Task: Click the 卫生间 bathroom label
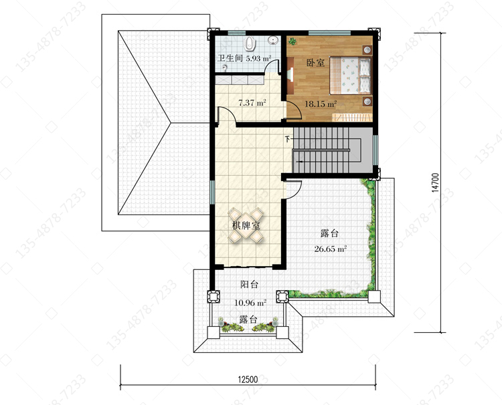[230, 58]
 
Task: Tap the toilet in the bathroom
[250, 44]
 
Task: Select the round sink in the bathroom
[273, 41]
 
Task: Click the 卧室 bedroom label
[315, 63]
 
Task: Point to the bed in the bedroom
[351, 76]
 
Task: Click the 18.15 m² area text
[321, 104]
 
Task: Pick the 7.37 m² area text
[252, 103]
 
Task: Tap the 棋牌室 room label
[246, 226]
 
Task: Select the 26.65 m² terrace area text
[331, 249]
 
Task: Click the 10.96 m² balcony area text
[250, 302]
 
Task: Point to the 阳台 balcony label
[249, 284]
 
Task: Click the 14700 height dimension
[435, 182]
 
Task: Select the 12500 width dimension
[248, 380]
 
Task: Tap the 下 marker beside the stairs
[288, 139]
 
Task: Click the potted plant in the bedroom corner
[292, 41]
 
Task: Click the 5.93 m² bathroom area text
[258, 59]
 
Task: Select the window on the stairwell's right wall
[375, 150]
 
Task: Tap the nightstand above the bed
[367, 50]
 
